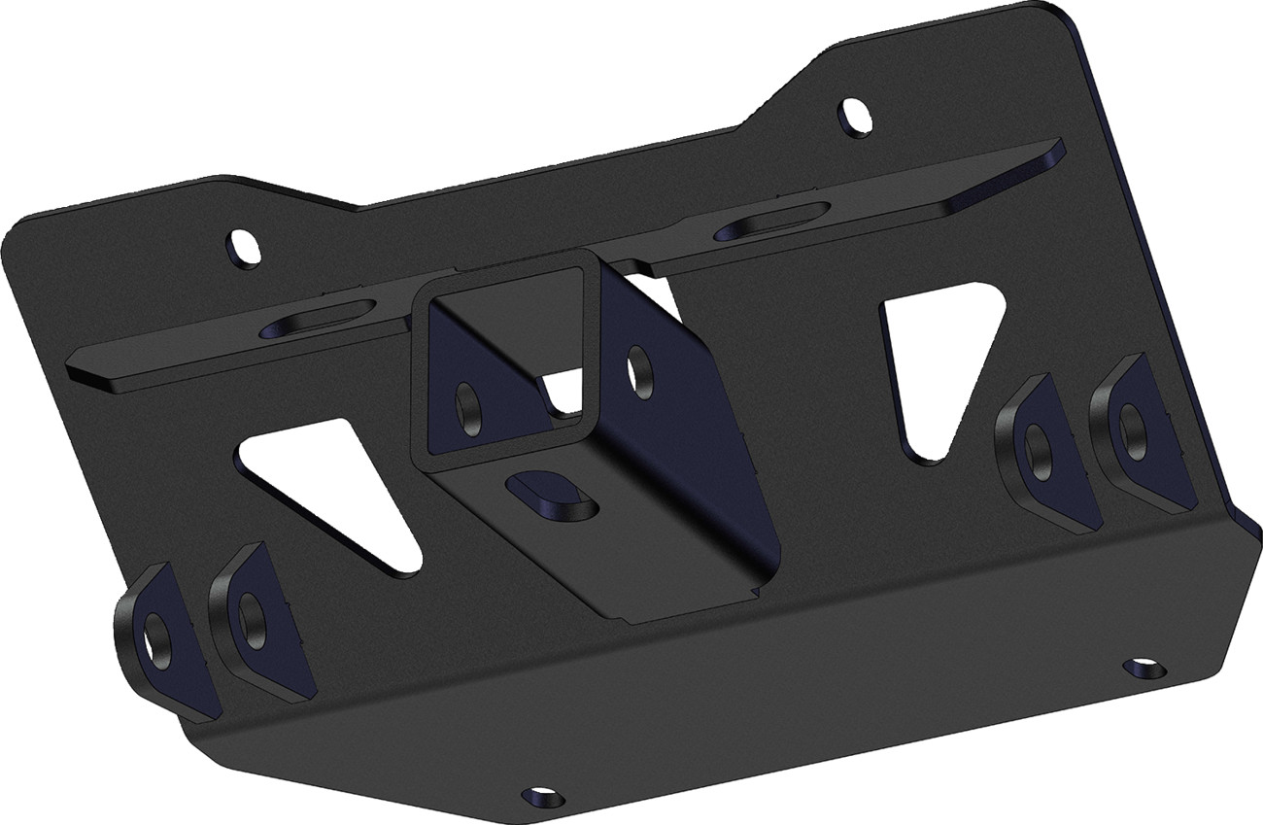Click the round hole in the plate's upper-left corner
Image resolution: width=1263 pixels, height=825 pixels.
(244, 247)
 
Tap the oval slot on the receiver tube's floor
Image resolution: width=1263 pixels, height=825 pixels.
(550, 493)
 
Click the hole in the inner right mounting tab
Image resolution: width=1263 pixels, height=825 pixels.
(1037, 450)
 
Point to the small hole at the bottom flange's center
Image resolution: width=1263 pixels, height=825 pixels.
(533, 796)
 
